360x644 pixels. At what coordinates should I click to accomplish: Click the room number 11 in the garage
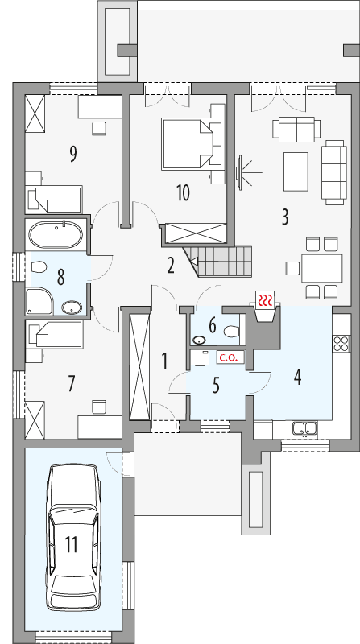click(x=71, y=546)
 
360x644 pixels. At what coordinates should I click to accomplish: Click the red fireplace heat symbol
click(x=265, y=300)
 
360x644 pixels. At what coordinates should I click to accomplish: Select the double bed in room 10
click(x=192, y=143)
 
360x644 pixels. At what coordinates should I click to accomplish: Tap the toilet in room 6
click(x=230, y=331)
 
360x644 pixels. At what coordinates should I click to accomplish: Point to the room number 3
click(x=284, y=216)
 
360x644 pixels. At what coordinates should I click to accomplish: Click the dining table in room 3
click(x=321, y=267)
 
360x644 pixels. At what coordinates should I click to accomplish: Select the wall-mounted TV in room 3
click(x=238, y=171)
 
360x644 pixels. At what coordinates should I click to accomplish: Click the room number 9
click(x=72, y=153)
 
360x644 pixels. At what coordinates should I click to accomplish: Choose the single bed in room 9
click(x=54, y=196)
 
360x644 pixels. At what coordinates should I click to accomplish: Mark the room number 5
click(x=216, y=386)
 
